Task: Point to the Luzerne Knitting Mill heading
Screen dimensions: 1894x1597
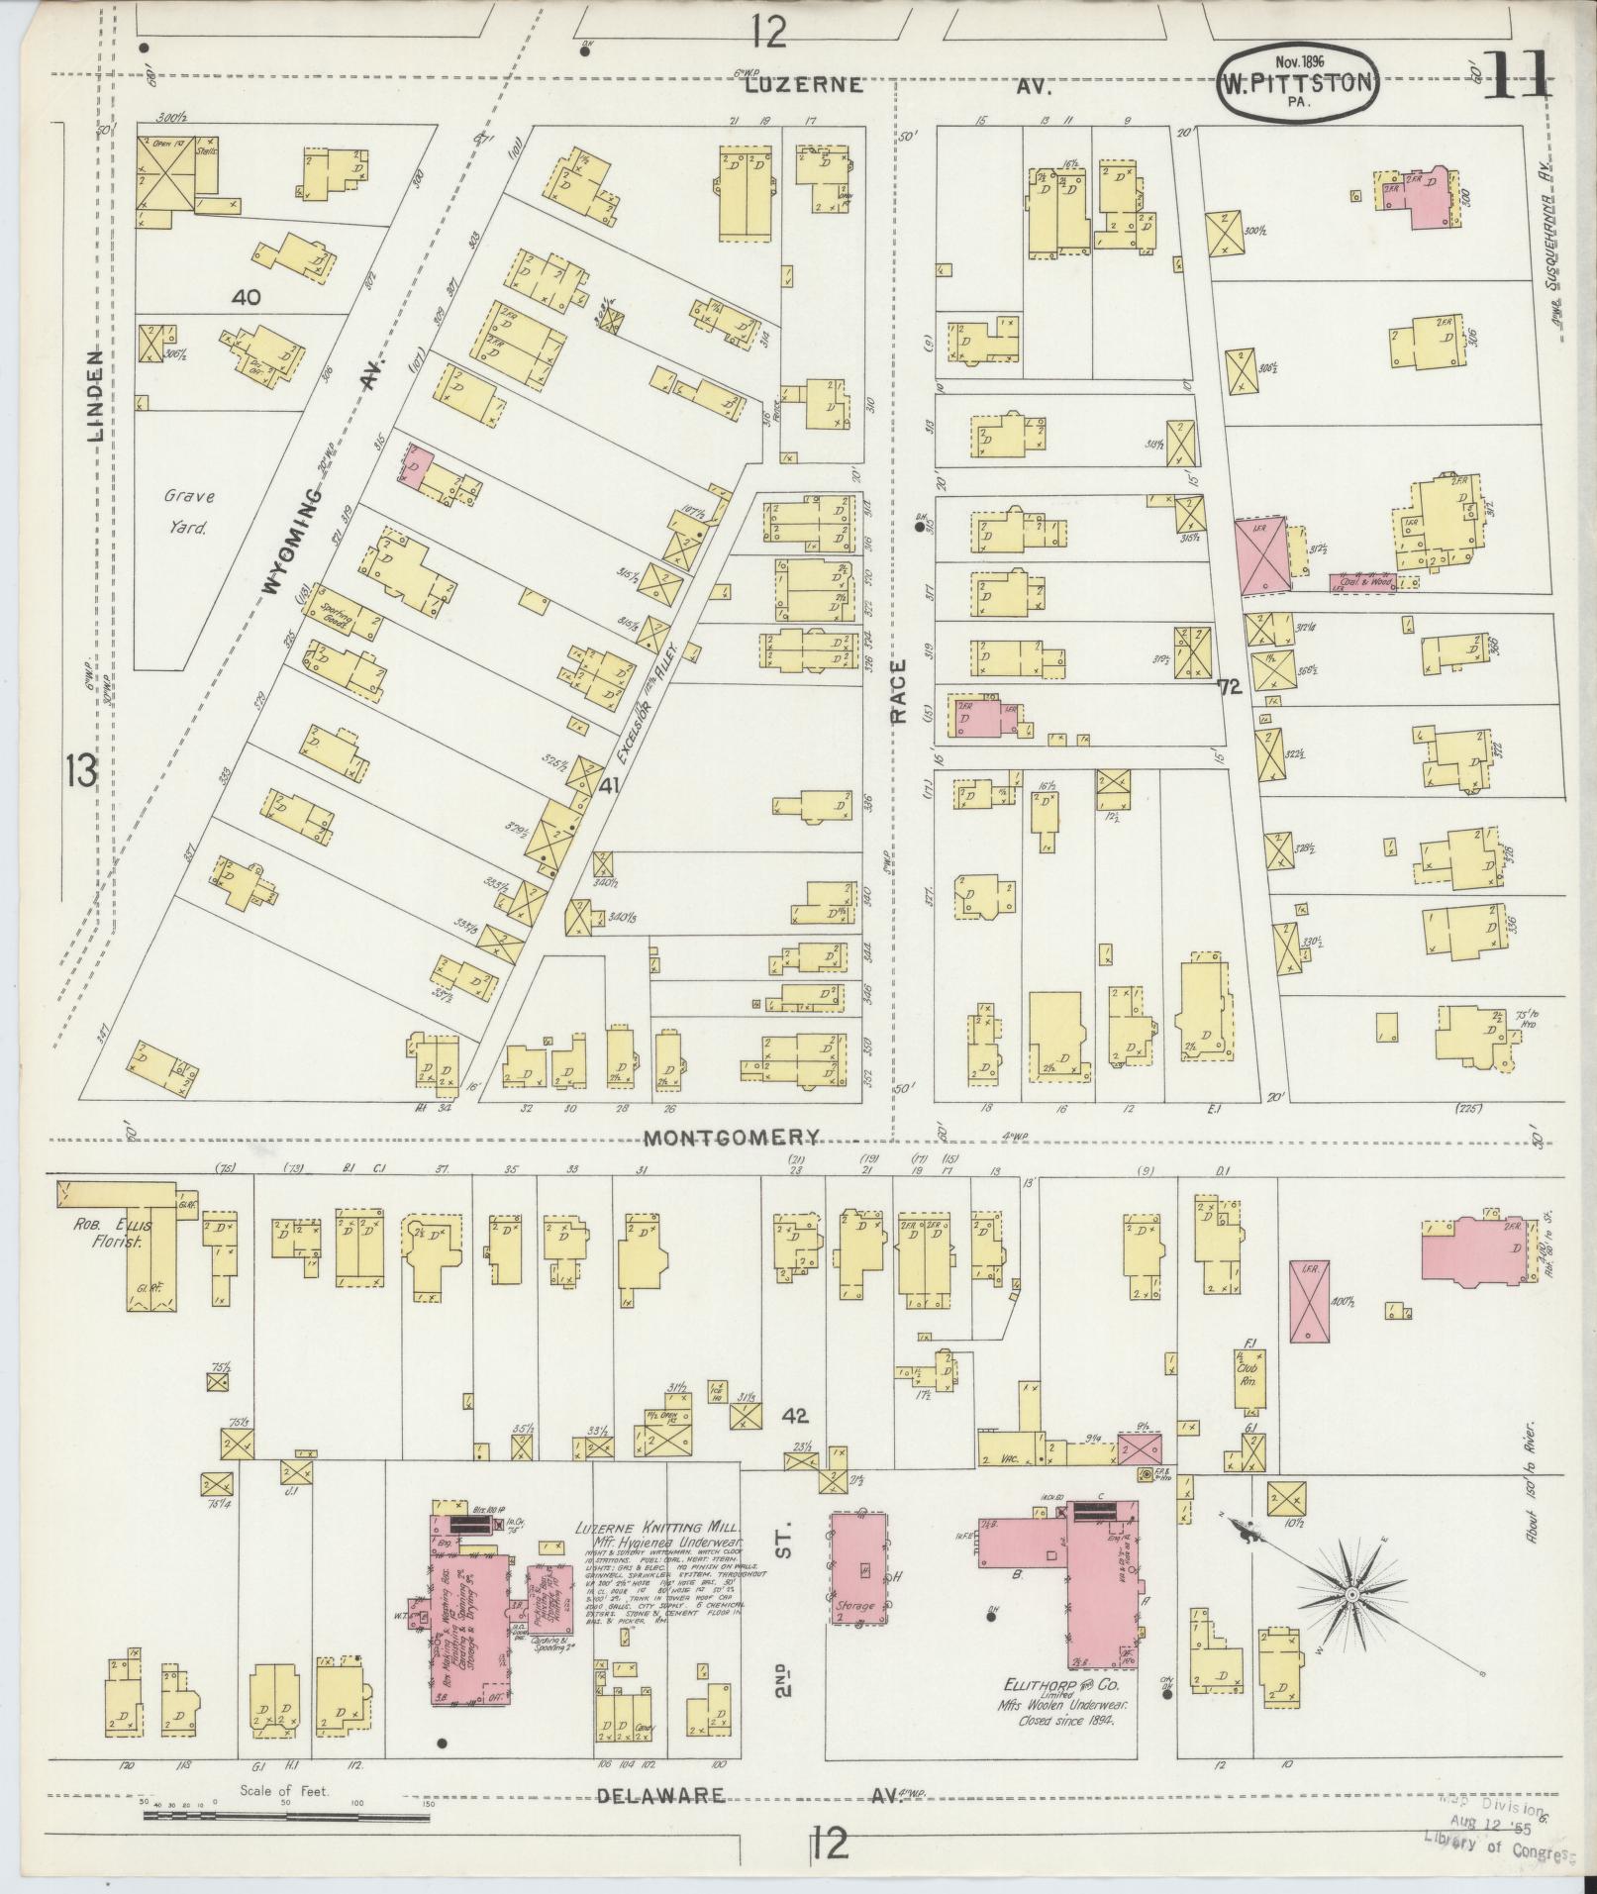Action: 657,1555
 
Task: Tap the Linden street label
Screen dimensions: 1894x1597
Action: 96,396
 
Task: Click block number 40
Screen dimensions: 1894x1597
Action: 246,296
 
